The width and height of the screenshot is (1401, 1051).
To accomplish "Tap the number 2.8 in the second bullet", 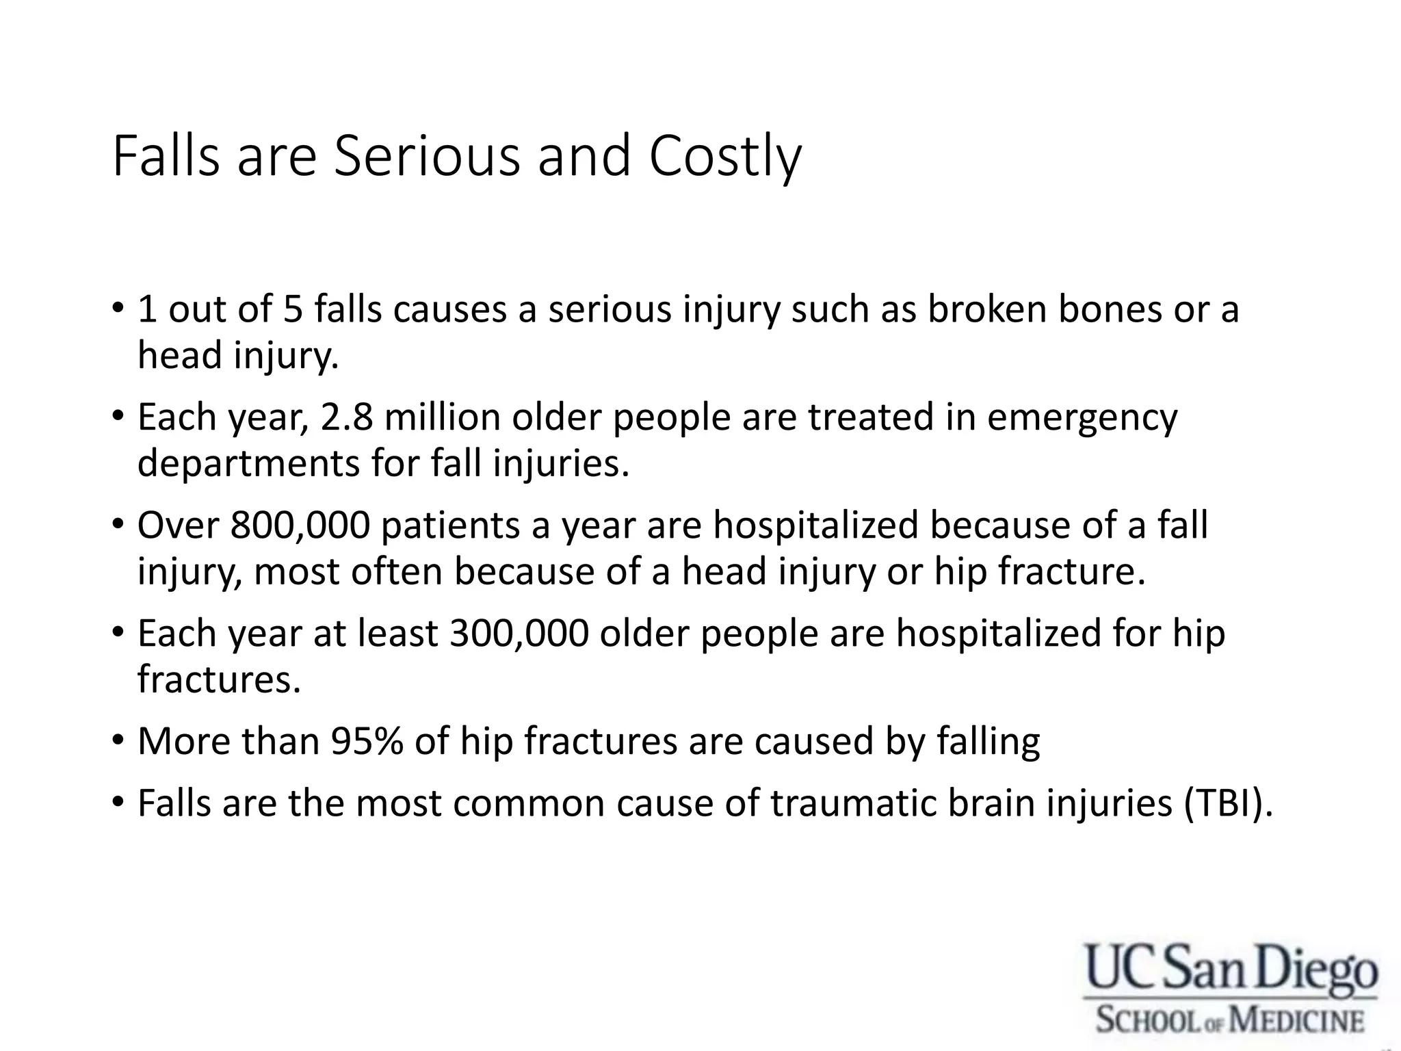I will [x=347, y=417].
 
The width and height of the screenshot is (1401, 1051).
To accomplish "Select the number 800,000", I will [x=300, y=525].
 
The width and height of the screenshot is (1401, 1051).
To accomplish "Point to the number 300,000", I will [x=519, y=634].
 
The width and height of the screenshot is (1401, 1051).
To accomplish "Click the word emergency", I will [x=1082, y=419].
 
